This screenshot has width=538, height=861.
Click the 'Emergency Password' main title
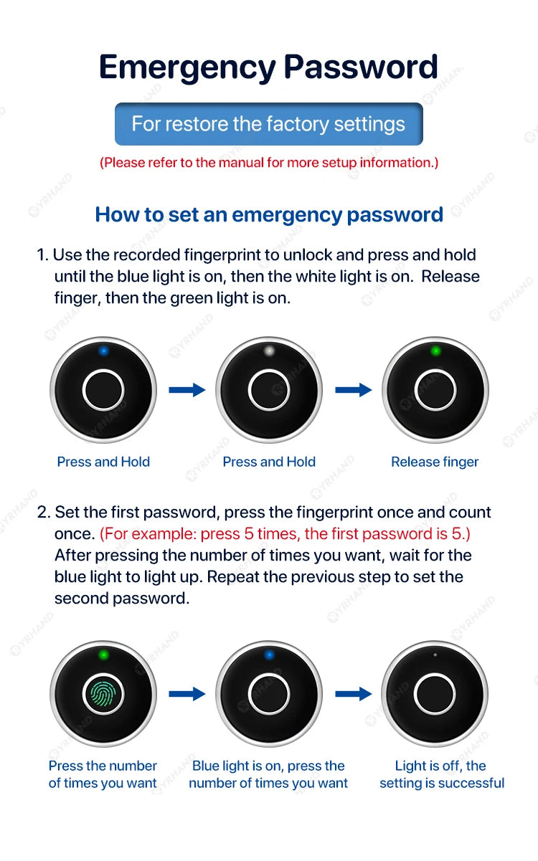(x=268, y=67)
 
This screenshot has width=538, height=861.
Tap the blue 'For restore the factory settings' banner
(x=268, y=124)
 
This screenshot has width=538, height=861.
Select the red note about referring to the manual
(x=268, y=163)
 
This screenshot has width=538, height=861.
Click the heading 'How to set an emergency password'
(x=268, y=214)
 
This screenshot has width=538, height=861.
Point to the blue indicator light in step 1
(x=103, y=351)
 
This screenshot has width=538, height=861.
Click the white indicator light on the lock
(x=269, y=351)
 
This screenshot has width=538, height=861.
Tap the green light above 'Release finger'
(x=435, y=351)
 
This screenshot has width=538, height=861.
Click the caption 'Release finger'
(x=435, y=462)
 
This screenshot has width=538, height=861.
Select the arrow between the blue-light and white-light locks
(x=187, y=390)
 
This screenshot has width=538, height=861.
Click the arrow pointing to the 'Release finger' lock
(x=353, y=390)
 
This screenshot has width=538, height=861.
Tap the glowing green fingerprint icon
(x=103, y=694)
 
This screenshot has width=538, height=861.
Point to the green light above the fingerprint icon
(x=103, y=655)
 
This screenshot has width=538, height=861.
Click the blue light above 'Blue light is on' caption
(x=269, y=655)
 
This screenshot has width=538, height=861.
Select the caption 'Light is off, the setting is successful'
(x=442, y=775)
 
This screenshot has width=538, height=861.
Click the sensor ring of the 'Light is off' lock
(x=435, y=694)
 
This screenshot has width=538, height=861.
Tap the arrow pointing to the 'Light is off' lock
(x=353, y=694)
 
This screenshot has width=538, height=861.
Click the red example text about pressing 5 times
(x=285, y=534)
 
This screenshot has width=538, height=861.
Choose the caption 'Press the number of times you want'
(x=103, y=775)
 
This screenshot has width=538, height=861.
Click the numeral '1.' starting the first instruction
(x=42, y=255)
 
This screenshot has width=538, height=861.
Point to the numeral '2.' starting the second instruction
(x=44, y=513)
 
